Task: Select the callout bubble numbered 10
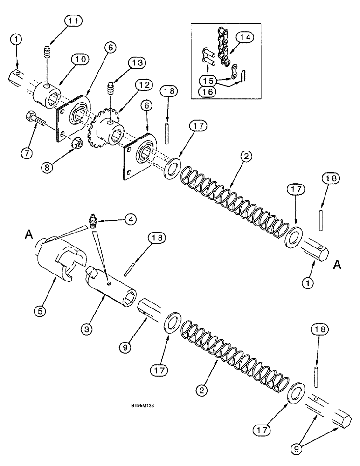(79, 59)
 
